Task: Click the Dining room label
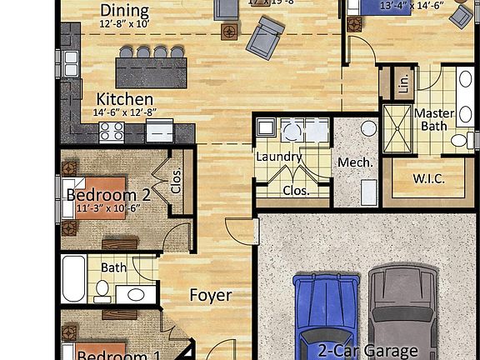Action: click(124, 11)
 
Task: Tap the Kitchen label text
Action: click(124, 98)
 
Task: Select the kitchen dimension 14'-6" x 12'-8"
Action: click(126, 112)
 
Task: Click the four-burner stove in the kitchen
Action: click(112, 131)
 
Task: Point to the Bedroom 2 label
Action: click(107, 195)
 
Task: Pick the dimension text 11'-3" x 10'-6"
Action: click(107, 208)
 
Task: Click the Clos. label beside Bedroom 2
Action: click(176, 182)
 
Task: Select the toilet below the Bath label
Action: click(102, 289)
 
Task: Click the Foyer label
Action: click(211, 295)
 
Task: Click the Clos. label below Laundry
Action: click(295, 190)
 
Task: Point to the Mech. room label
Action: click(354, 162)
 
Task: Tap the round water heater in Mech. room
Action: click(368, 129)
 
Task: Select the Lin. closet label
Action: click(404, 82)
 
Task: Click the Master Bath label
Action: click(434, 119)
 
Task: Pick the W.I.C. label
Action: click(428, 178)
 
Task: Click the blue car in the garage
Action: click(325, 312)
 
